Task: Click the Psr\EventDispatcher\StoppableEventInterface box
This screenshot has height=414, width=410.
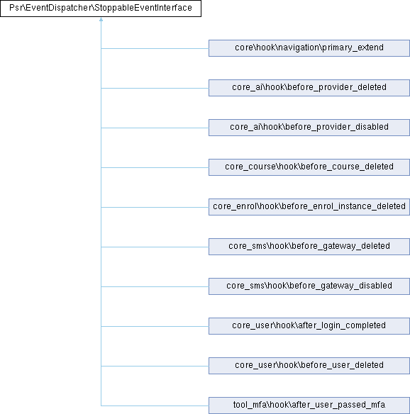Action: coord(101,9)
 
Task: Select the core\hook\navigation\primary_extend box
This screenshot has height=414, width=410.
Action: coord(309,48)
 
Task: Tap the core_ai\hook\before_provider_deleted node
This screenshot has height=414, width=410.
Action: coord(309,88)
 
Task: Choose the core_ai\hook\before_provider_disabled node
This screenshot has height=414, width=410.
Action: coord(309,128)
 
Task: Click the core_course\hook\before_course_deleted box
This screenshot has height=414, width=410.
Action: coord(309,167)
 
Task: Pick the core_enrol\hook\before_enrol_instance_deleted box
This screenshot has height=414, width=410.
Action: coord(309,207)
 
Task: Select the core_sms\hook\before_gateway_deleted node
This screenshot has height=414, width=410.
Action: coord(309,247)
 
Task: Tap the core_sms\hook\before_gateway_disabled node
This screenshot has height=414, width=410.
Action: coord(309,286)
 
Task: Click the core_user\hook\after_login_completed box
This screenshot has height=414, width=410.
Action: coord(309,326)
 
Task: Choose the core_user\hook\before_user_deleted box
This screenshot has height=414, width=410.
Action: coord(309,366)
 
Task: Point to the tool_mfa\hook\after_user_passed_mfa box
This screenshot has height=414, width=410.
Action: coord(309,405)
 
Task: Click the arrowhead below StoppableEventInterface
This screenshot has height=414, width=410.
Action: coord(101,19)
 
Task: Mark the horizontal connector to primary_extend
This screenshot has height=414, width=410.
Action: coord(155,48)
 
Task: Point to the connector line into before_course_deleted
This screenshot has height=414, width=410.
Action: coord(155,167)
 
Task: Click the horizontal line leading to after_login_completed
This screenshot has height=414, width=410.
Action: coord(155,326)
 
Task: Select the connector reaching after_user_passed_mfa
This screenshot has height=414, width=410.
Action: coord(155,405)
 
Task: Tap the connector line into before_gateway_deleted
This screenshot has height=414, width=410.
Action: coord(155,247)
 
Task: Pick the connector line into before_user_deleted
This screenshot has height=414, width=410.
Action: coord(155,366)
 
